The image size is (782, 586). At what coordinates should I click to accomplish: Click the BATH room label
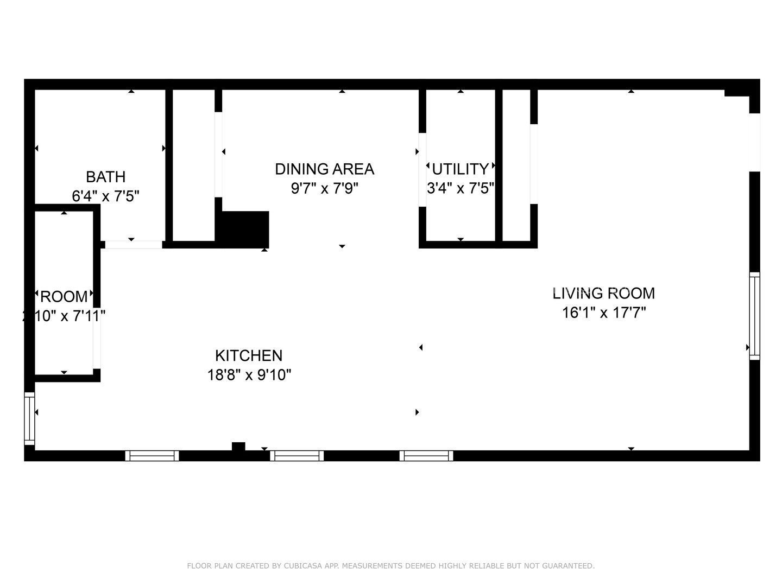tap(105, 177)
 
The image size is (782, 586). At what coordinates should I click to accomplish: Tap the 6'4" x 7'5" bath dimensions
tap(105, 196)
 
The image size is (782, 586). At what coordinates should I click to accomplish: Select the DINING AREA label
tap(324, 169)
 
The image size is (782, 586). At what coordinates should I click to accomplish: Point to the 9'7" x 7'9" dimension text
tap(324, 189)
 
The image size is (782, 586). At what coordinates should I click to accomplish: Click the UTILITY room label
tap(461, 168)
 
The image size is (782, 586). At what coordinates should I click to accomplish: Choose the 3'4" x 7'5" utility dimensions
tap(461, 188)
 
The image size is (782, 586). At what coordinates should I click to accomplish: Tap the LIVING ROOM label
tap(603, 293)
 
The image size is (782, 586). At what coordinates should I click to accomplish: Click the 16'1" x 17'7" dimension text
tap(603, 313)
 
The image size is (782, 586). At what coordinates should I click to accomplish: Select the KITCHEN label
tap(249, 355)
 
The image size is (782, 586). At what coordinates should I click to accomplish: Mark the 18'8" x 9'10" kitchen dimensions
tap(249, 375)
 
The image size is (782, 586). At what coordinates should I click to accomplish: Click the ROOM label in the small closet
tap(64, 297)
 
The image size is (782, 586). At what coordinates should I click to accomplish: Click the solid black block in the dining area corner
tap(243, 229)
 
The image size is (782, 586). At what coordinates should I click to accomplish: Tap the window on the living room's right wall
tap(754, 316)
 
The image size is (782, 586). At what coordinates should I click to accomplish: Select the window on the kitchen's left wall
tap(29, 419)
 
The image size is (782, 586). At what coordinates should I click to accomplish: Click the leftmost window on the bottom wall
tap(152, 456)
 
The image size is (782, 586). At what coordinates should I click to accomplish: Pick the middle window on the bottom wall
tap(297, 456)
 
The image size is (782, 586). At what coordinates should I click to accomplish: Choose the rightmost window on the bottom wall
tap(426, 456)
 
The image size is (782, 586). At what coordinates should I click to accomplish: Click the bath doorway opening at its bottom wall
tap(133, 245)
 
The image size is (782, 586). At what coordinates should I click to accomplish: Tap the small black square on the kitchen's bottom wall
tap(238, 447)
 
